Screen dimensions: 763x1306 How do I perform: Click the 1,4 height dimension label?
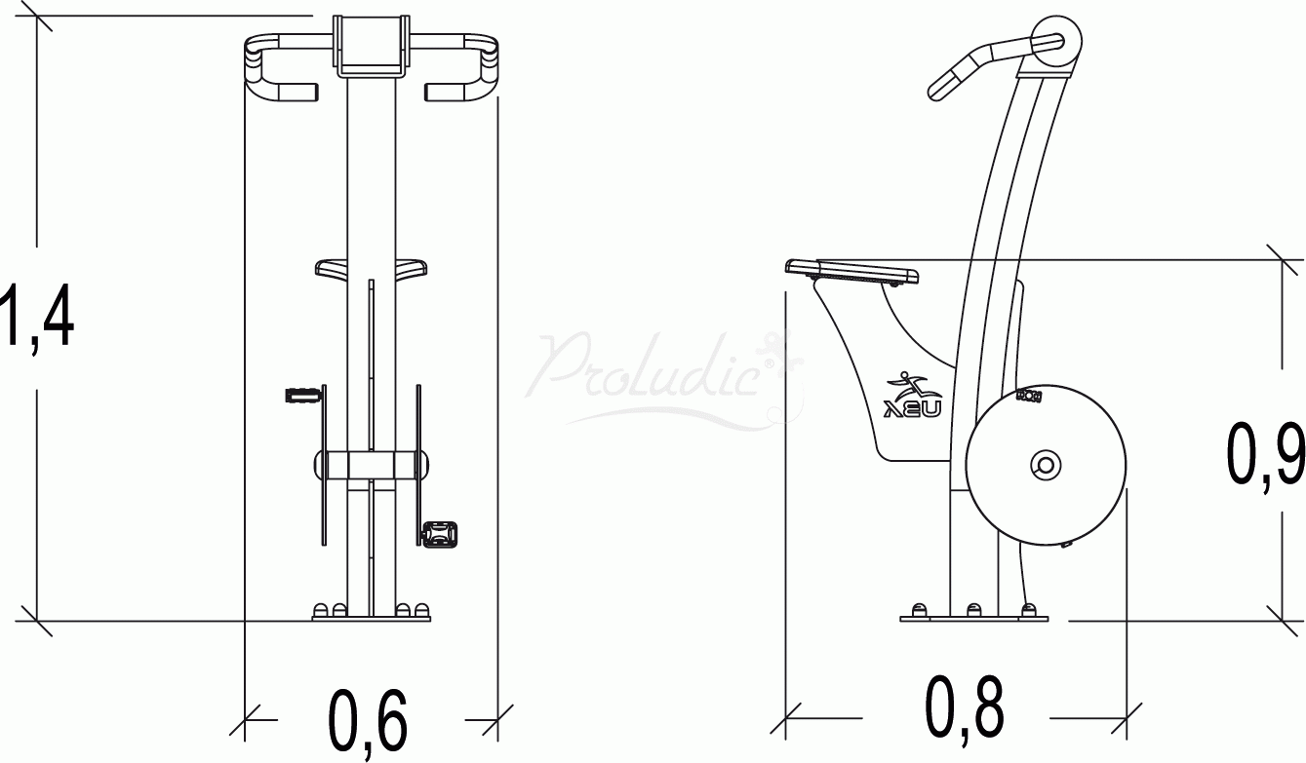click(x=37, y=315)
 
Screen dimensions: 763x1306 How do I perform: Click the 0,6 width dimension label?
click(x=367, y=722)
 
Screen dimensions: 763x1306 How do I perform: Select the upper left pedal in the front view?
click(x=301, y=395)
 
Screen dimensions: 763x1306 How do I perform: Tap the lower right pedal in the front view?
click(x=439, y=533)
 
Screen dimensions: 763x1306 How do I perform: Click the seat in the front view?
click(x=372, y=268)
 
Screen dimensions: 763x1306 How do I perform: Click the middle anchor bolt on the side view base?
click(x=973, y=609)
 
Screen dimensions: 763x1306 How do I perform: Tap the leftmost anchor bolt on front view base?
click(x=322, y=610)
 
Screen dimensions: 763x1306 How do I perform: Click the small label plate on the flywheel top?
click(x=1029, y=396)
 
